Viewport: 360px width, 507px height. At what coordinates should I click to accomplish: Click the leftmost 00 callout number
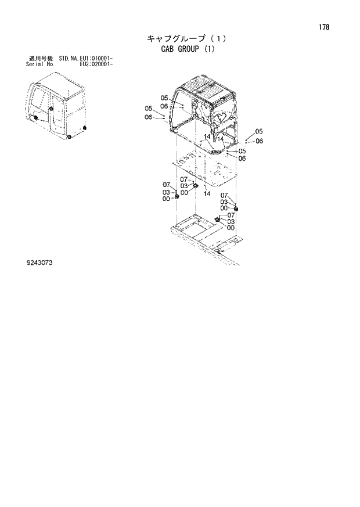click(x=166, y=199)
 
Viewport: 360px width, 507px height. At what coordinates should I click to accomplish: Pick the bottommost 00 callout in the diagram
click(x=231, y=228)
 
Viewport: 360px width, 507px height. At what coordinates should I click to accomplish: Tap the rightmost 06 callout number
click(x=259, y=141)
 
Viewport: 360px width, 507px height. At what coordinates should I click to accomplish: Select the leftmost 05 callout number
click(x=149, y=108)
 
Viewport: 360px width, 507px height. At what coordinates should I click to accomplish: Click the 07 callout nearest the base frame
click(x=231, y=215)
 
